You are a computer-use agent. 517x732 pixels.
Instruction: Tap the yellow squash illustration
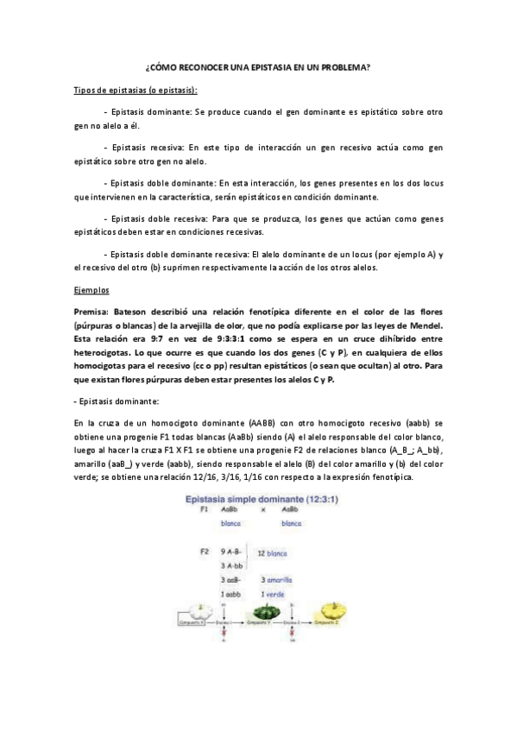coord(331,614)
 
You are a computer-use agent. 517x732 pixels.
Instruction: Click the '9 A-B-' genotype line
coord(234,551)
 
